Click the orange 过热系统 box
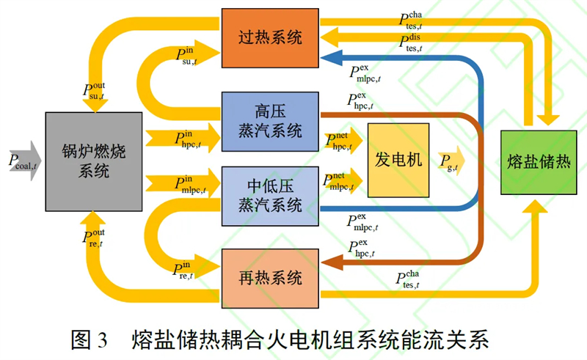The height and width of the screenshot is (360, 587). [x=270, y=38]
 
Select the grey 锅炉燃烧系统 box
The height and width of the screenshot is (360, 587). [x=94, y=161]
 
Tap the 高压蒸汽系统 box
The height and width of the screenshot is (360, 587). [x=270, y=122]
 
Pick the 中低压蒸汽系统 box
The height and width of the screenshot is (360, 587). [x=270, y=196]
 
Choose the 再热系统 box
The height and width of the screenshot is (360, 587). [x=270, y=279]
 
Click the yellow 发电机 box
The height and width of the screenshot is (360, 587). [x=398, y=160]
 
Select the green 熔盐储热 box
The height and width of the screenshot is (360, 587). [x=539, y=163]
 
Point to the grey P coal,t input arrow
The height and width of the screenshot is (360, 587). [x=25, y=161]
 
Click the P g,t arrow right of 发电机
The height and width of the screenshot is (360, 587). [x=451, y=161]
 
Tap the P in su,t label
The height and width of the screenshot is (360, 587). [x=186, y=56]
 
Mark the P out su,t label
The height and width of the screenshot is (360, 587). [x=94, y=92]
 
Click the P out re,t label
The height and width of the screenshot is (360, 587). [x=94, y=238]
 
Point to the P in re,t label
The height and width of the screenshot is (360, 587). [x=183, y=271]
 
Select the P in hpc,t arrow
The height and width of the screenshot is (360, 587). [x=183, y=138]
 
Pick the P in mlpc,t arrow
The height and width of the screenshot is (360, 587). [x=183, y=183]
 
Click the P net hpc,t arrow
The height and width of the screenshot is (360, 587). [x=343, y=141]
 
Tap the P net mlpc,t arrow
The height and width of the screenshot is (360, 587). [x=343, y=181]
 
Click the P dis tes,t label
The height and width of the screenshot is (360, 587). [x=411, y=43]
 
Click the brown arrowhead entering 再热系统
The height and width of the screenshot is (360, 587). [x=332, y=262]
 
